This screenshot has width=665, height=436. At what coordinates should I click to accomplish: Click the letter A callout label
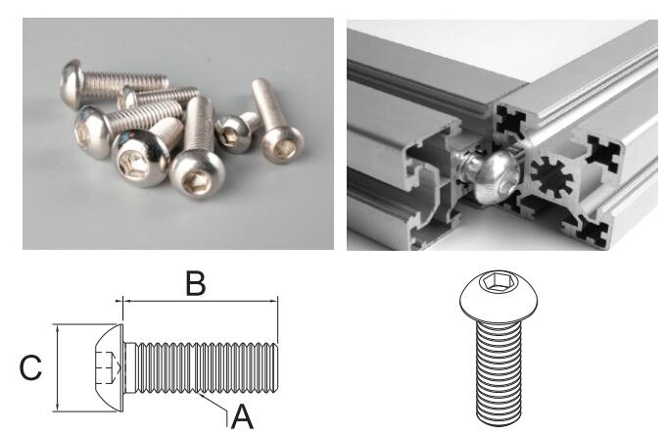(241, 417)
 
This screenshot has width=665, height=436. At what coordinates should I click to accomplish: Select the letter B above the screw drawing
(195, 283)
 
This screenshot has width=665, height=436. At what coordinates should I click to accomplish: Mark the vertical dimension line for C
(59, 368)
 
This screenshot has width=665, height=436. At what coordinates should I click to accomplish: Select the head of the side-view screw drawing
(106, 368)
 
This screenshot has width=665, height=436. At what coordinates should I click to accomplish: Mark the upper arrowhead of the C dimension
(59, 330)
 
